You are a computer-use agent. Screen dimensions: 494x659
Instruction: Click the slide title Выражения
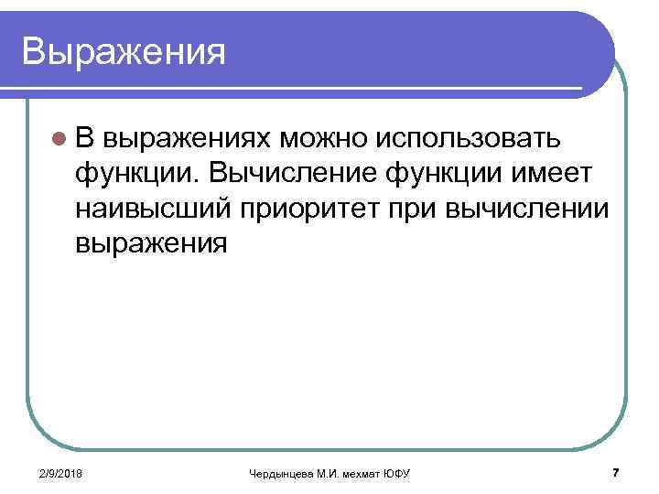coord(124,51)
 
